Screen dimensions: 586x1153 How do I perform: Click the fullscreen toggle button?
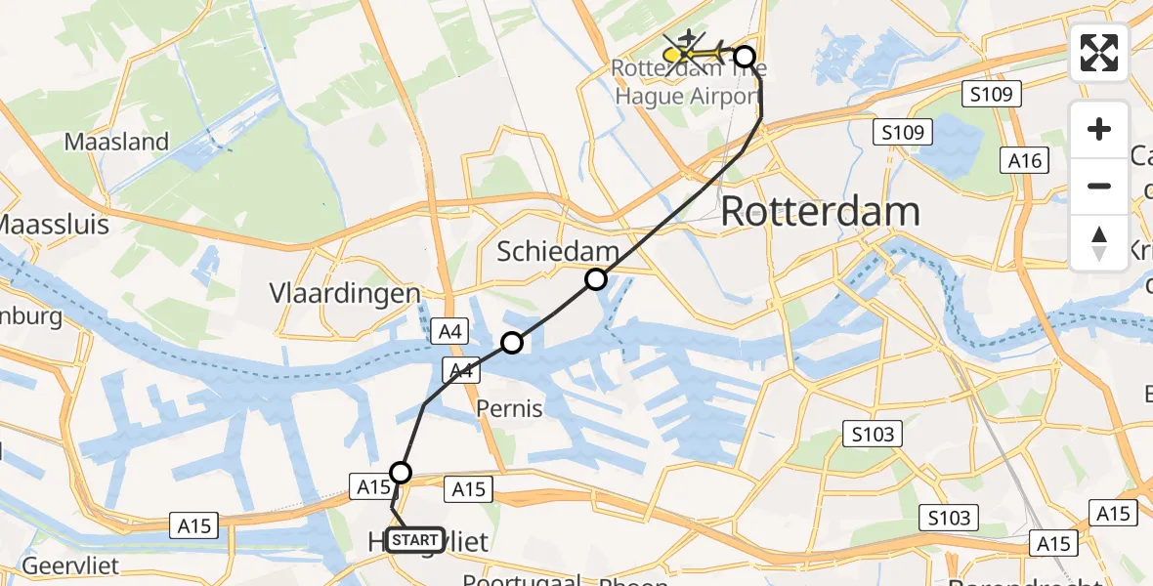pyautogui.click(x=1099, y=53)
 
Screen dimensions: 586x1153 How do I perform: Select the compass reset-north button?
pyautogui.click(x=1099, y=243)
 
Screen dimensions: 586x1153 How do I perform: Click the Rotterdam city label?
pyautogui.click(x=820, y=212)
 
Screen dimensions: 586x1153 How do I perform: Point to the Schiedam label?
pyautogui.click(x=558, y=251)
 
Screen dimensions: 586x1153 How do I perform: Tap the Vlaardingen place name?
pyautogui.click(x=345, y=293)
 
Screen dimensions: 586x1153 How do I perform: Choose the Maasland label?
pyautogui.click(x=117, y=142)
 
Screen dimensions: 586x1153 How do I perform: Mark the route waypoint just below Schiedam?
pyautogui.click(x=596, y=280)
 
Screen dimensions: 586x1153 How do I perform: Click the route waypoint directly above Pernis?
pyautogui.click(x=512, y=342)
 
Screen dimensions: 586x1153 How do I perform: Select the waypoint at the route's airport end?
pyautogui.click(x=745, y=57)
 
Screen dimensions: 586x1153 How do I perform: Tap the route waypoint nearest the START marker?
pyautogui.click(x=400, y=474)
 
